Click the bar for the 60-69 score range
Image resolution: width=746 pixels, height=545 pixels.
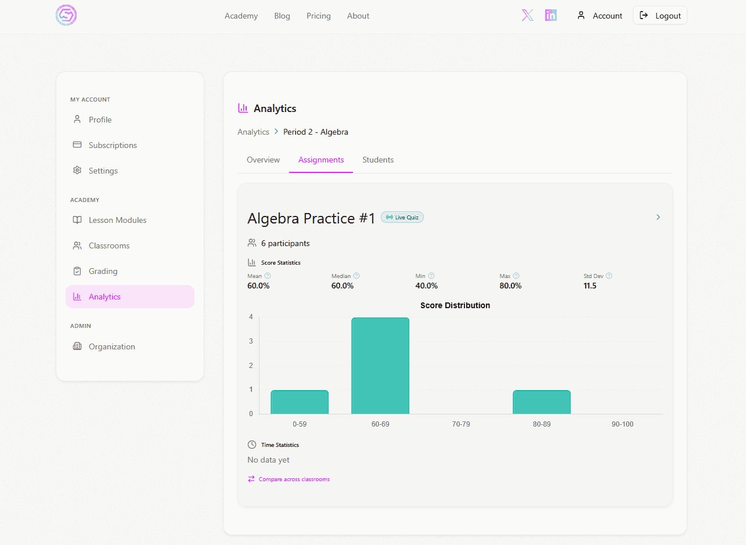coord(380,366)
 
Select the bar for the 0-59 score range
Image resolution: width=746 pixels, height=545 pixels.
coord(300,402)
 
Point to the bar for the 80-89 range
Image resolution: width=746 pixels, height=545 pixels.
coord(542,402)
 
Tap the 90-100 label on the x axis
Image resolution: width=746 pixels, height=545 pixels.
coord(622,424)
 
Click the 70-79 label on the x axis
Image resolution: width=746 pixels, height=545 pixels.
coord(461,424)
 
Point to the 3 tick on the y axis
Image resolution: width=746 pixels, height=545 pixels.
coord(251,341)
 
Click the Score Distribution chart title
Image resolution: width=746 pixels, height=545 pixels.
coord(455,305)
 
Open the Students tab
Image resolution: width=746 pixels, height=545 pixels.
coord(378,160)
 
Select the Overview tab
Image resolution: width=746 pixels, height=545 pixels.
coord(263,160)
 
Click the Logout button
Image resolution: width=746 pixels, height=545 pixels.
coord(659,15)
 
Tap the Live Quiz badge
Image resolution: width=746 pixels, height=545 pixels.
coord(402,218)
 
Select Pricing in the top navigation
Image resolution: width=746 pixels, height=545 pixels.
coord(318,16)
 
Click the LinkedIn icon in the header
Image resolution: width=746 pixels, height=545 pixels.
coord(550,15)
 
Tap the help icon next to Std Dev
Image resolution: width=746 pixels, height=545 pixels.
coord(609,276)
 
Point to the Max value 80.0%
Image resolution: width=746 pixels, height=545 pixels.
coord(510,286)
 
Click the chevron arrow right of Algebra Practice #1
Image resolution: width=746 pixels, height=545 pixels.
coord(658,217)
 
